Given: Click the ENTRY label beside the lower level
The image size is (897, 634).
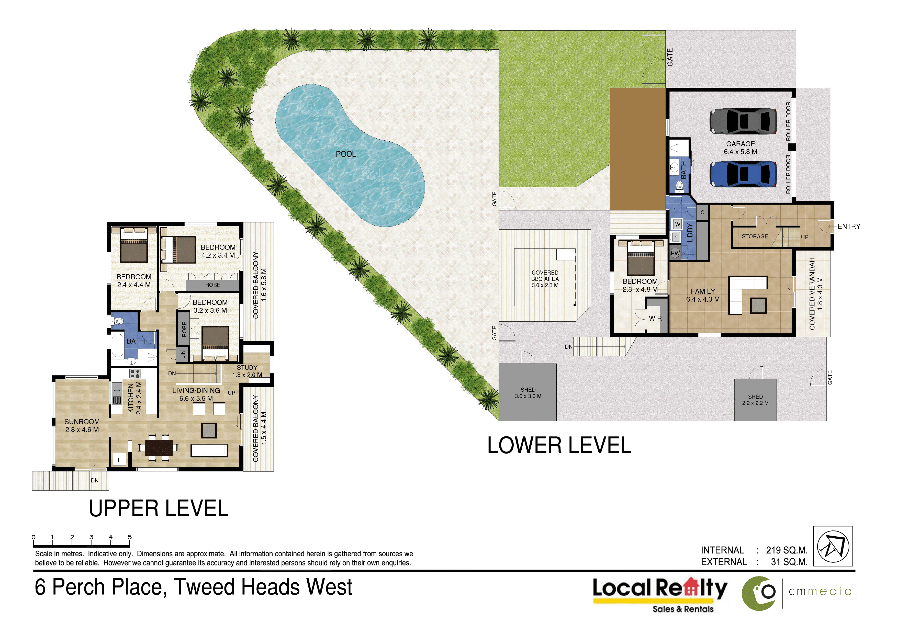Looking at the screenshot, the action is coord(849,226).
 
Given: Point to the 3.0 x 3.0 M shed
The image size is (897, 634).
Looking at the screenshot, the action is coord(528,392).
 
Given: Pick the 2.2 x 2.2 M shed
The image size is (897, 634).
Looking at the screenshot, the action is coord(755,400).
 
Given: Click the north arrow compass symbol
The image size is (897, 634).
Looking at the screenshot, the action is coord(833,546).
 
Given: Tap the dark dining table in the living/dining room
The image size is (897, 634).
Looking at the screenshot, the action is coord(159,448).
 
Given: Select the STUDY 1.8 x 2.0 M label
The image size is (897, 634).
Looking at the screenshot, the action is coord(247,371).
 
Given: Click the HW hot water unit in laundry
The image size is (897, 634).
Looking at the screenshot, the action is coord(675,253).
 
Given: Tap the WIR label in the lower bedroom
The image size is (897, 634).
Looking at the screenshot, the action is coord(655,318).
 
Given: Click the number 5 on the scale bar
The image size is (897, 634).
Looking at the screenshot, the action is coord(130,537).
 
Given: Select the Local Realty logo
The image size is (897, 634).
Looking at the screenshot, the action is coord(660,595).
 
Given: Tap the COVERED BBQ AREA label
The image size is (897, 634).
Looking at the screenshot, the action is coord(545,278).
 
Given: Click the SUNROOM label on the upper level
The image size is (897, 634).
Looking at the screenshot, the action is coord(82,422).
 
